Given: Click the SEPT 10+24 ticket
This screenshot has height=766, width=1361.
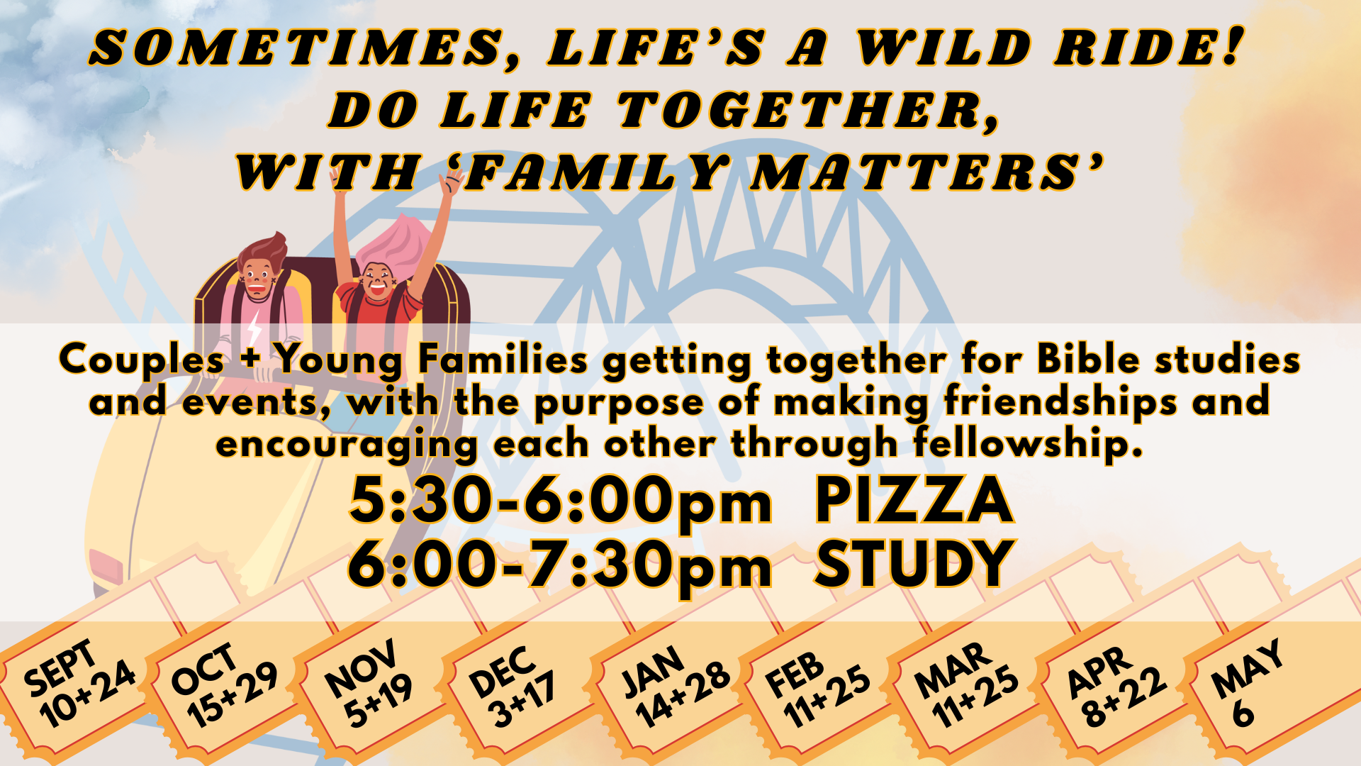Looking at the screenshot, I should point(79,684).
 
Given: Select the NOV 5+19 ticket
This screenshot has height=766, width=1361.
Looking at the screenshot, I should point(370,684).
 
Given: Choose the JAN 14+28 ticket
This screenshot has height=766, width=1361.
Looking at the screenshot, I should point(674,687).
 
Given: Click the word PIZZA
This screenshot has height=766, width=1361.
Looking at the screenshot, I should point(914,500).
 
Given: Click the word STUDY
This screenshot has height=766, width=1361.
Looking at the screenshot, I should point(914,564).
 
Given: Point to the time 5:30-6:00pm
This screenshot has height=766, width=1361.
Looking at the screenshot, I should point(560,500).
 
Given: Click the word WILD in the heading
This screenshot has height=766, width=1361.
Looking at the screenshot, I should point(943,48).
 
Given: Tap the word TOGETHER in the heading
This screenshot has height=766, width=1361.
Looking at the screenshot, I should point(808,111).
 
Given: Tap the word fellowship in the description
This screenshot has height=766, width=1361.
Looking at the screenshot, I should point(1028,445).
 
